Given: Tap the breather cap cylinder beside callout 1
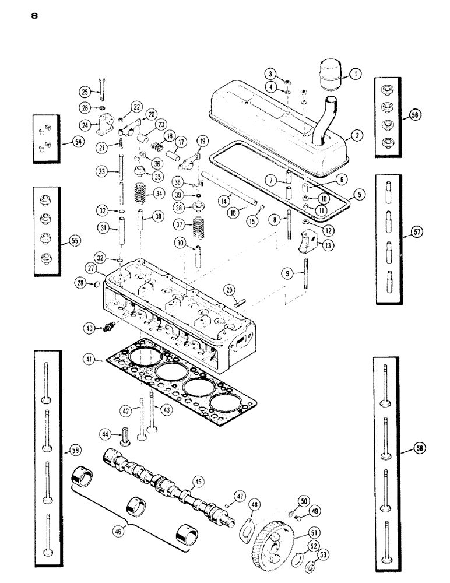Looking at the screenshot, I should point(331,75).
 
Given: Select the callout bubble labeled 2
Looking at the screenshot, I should point(357,135).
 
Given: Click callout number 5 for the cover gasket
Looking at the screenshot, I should point(359,196).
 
